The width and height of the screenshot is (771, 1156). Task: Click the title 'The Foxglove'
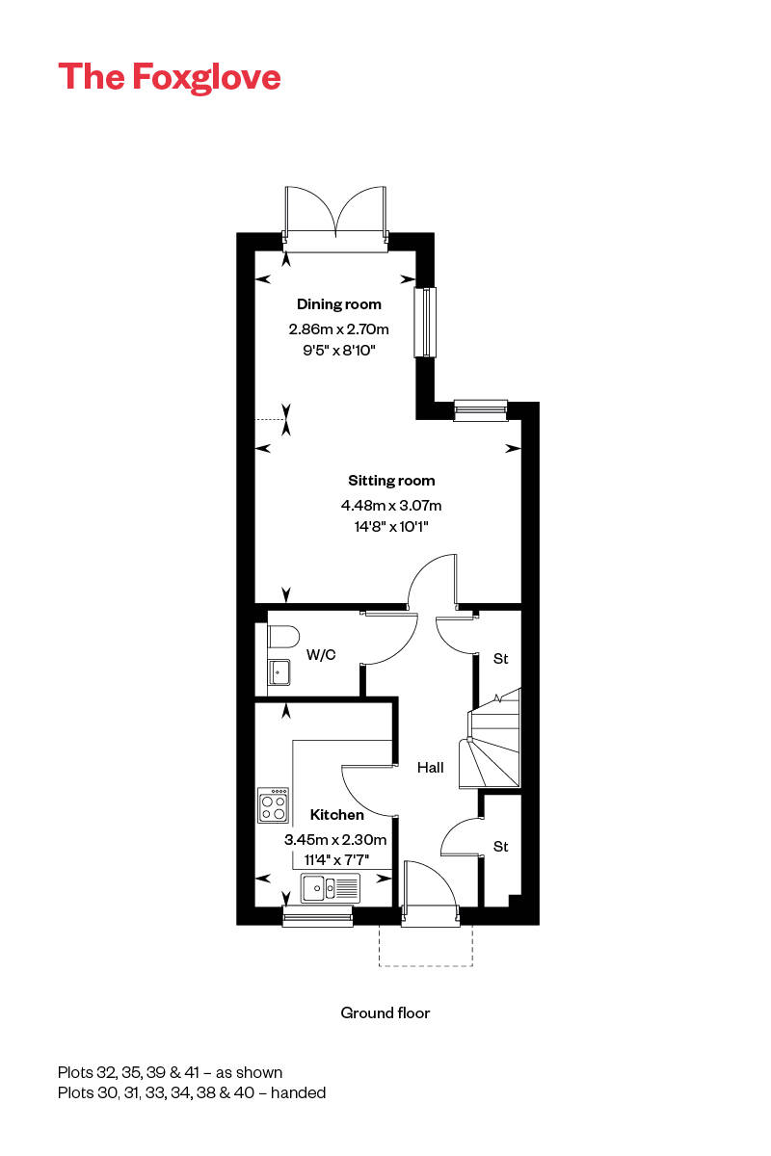[170, 76]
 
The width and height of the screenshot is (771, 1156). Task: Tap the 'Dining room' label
[338, 304]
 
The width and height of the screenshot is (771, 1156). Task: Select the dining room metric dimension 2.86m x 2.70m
[338, 328]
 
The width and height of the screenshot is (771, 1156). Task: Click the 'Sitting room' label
[391, 481]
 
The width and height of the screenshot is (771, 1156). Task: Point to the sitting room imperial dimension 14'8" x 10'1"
[391, 526]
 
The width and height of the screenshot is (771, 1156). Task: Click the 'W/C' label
[321, 656]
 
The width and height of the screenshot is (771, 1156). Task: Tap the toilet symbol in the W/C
[283, 636]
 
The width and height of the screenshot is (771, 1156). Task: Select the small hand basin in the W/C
[279, 671]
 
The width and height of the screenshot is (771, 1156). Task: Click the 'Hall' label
[431, 768]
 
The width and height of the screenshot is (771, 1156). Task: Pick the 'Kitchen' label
[337, 815]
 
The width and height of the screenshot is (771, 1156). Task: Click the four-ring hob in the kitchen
[273, 805]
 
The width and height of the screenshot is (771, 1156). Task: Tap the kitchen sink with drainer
[330, 887]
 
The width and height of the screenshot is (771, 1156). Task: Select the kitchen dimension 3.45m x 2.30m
[334, 839]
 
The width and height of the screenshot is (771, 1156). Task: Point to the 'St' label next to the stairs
[500, 659]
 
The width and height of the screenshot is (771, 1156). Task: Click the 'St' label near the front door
[500, 847]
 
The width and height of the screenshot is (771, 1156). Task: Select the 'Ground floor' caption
[385, 1012]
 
